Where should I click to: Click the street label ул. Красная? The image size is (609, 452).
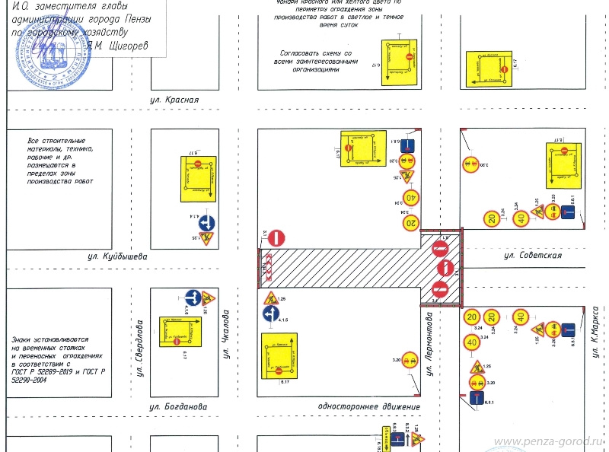(x=174, y=100)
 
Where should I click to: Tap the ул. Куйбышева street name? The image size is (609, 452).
(x=116, y=257)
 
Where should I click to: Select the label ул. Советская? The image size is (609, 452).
(x=532, y=256)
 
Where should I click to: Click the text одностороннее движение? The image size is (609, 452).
(x=369, y=407)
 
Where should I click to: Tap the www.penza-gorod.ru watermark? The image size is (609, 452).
(x=548, y=441)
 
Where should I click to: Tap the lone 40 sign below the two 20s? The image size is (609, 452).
(x=473, y=343)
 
